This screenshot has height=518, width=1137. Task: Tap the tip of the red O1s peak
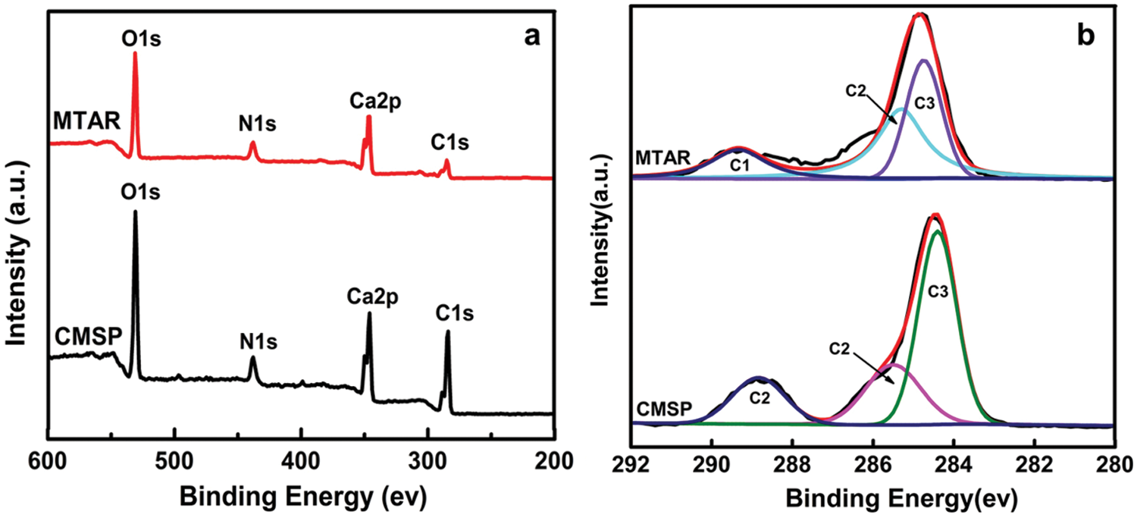135,52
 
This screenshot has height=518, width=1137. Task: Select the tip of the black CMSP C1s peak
447,331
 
